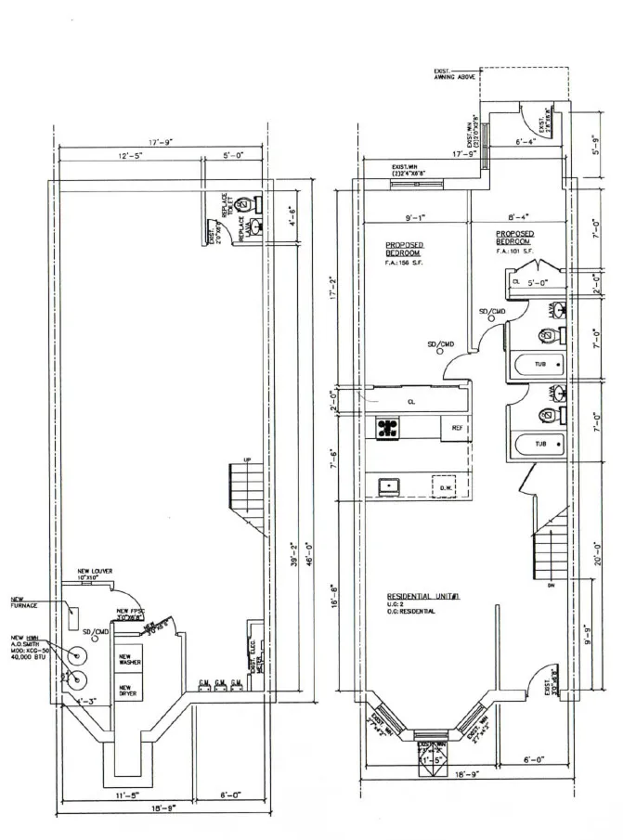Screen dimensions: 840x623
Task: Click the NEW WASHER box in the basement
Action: pyautogui.click(x=126, y=662)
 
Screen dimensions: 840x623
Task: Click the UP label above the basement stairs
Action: pyautogui.click(x=246, y=460)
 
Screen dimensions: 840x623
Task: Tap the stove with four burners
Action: pyautogui.click(x=387, y=427)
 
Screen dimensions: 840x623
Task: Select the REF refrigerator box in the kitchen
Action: pyautogui.click(x=457, y=428)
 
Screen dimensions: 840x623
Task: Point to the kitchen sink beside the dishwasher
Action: pyautogui.click(x=387, y=485)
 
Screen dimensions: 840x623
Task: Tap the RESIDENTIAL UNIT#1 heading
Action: pyautogui.click(x=423, y=597)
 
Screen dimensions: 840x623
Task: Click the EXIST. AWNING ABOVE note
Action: pyautogui.click(x=454, y=75)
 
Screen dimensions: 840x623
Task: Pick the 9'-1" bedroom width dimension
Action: pyautogui.click(x=415, y=218)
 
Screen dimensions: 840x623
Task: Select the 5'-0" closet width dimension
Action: pyautogui.click(x=538, y=281)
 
